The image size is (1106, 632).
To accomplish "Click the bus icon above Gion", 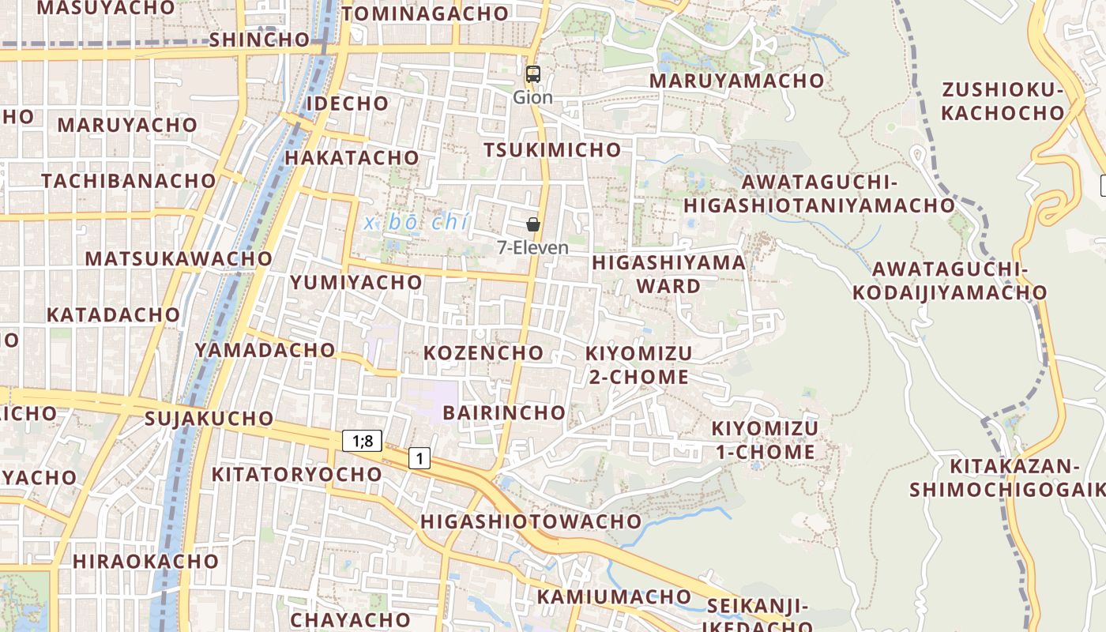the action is tap(533, 74).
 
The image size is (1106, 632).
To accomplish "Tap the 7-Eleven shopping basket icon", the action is tap(533, 225).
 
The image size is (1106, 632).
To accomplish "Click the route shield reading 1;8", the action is tap(363, 441).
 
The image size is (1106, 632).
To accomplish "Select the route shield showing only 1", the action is tap(419, 457).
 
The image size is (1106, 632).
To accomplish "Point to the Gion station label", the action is tap(532, 97).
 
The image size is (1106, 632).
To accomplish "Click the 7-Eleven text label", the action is tap(532, 247).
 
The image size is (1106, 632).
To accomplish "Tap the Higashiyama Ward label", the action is tap(668, 273).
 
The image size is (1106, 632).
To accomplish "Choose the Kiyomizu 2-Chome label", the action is tap(638, 364).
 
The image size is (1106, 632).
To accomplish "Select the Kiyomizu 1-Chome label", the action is tap(765, 440).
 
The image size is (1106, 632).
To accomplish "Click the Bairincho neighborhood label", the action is tap(504, 412).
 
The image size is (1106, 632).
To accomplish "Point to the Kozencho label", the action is tap(483, 352).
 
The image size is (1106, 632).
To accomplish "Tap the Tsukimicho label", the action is tap(552, 150).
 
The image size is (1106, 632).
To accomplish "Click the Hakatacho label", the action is tap(352, 157).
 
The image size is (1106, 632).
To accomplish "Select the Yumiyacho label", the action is tap(356, 282).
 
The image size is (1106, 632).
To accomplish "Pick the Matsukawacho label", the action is tap(179, 258).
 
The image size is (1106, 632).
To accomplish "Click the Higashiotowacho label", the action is tap(531, 521).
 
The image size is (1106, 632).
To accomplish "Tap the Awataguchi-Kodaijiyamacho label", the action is tap(949, 280).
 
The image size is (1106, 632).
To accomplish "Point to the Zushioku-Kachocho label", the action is tap(1003, 101).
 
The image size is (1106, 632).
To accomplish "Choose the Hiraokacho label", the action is tap(145, 562).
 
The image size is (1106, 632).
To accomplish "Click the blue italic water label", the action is tap(416, 222).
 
